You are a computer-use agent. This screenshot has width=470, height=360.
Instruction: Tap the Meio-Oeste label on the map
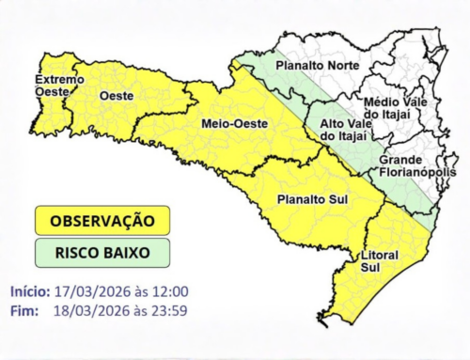tap(234, 124)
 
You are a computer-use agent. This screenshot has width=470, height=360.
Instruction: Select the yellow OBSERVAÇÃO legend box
tap(102, 221)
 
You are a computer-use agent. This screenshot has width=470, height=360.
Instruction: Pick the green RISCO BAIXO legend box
tap(102, 252)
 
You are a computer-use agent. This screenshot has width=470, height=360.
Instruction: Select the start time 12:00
tap(169, 290)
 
